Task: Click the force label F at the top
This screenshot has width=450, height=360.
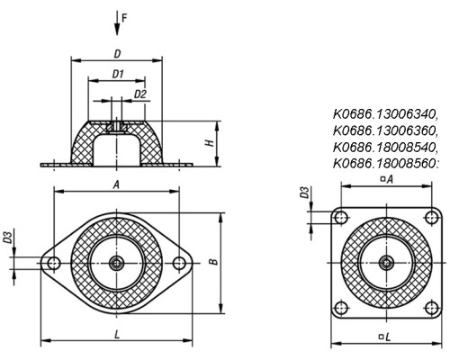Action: click(x=124, y=18)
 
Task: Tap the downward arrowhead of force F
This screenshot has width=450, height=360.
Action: click(x=117, y=30)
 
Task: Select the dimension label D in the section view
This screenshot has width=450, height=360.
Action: click(x=117, y=54)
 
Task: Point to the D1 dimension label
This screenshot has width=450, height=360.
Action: click(x=118, y=74)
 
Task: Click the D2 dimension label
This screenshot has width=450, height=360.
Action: click(x=140, y=94)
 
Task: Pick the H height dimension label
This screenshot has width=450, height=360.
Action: click(x=211, y=143)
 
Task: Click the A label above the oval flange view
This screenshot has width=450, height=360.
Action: click(x=116, y=185)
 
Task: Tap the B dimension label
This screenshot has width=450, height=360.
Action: click(x=213, y=262)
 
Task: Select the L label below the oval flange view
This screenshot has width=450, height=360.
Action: click(x=117, y=334)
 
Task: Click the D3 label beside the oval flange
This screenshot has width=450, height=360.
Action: click(x=8, y=237)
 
